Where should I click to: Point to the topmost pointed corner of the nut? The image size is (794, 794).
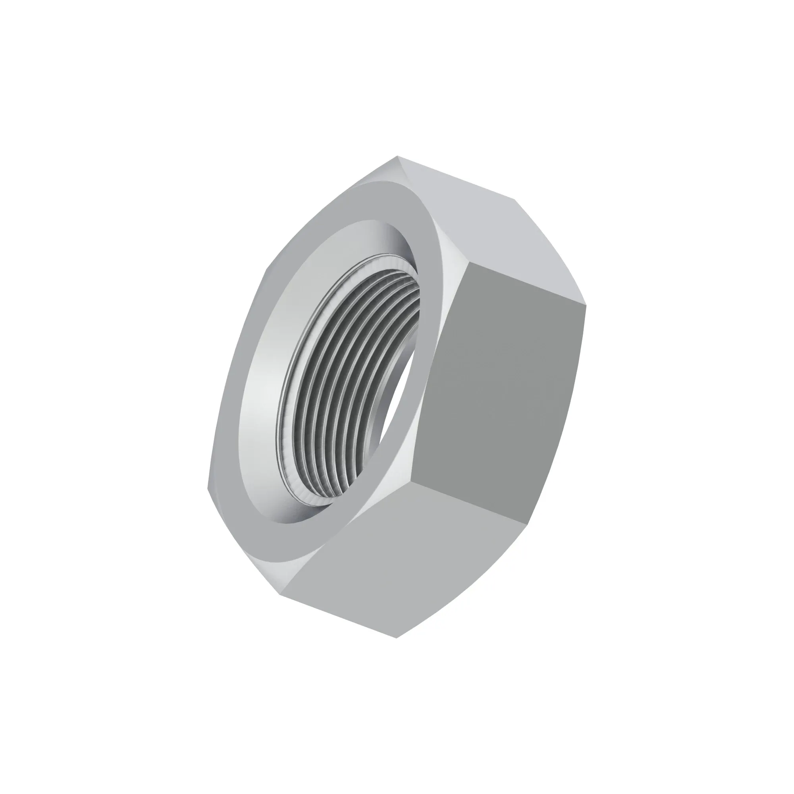click(397, 156)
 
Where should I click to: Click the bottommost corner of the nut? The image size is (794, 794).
click(396, 638)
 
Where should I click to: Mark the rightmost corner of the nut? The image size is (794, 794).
click(586, 305)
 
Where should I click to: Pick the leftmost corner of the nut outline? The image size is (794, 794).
click(208, 488)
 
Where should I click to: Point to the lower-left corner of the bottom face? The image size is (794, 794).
click(280, 594)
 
